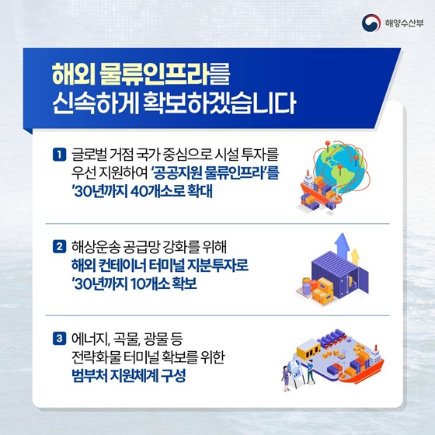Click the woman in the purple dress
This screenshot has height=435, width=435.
coord(285,379)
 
